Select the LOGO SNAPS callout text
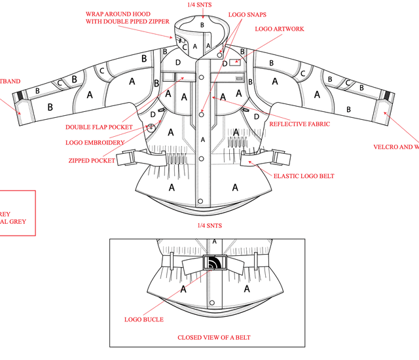(x=247, y=14)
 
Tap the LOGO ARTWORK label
(x=279, y=29)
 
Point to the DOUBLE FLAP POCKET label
(x=99, y=127)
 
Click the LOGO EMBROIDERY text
(x=95, y=142)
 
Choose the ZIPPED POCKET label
(x=92, y=160)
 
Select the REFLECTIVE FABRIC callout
(x=299, y=124)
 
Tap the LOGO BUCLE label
(x=144, y=319)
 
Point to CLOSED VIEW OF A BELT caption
(x=213, y=338)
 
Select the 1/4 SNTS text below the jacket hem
(x=209, y=225)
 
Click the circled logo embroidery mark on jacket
(x=152, y=128)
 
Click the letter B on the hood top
(x=202, y=25)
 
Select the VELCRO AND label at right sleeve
(x=396, y=147)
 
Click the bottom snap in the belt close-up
(x=212, y=302)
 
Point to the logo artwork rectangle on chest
(x=234, y=63)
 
